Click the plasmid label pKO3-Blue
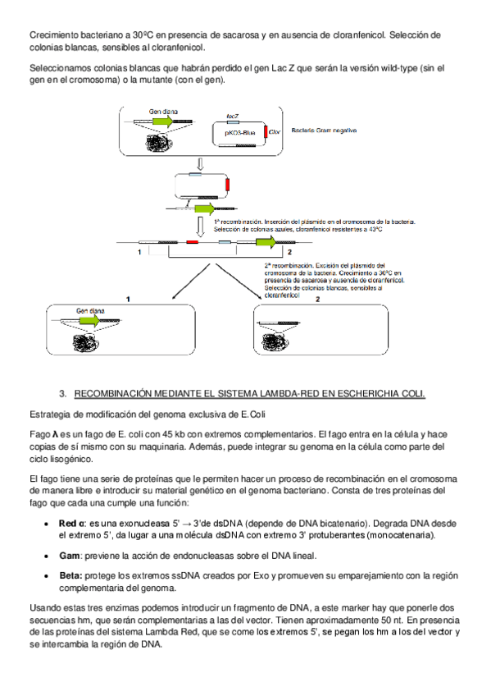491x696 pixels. pyautogui.click(x=240, y=133)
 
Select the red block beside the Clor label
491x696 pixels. pyautogui.click(x=266, y=132)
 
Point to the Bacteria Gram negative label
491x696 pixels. pyautogui.click(x=324, y=130)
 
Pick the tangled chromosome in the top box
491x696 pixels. pyautogui.click(x=158, y=143)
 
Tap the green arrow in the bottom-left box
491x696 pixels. pyautogui.click(x=90, y=320)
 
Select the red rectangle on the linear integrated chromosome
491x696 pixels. pyautogui.click(x=192, y=242)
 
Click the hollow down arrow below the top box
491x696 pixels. pyautogui.click(x=200, y=164)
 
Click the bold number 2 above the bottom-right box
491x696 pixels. pyautogui.click(x=318, y=300)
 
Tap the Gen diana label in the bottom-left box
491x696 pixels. pyautogui.click(x=90, y=311)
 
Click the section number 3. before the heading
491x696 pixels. pyautogui.click(x=63, y=394)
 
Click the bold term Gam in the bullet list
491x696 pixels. pyautogui.click(x=70, y=556)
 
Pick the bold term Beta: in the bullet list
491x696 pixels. pyautogui.click(x=70, y=575)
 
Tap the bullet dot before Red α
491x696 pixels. pyautogui.click(x=46, y=524)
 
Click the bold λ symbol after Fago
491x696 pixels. pyautogui.click(x=56, y=434)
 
